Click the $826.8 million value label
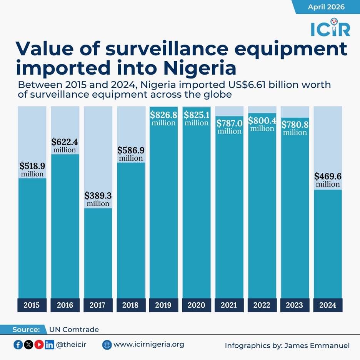tap(163, 118)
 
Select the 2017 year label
tap(98, 305)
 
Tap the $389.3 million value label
tap(98, 199)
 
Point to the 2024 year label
tap(328, 305)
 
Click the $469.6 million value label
tap(328, 180)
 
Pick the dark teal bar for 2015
tap(32, 238)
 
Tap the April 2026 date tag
tap(326, 7)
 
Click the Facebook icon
tap(18, 345)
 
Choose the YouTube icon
tap(39, 345)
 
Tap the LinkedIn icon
tap(49, 345)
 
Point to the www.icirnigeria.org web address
tap(149, 344)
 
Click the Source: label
tap(26, 330)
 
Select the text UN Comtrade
tap(74, 330)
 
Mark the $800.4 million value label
tap(262, 124)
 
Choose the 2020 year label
tap(196, 305)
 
